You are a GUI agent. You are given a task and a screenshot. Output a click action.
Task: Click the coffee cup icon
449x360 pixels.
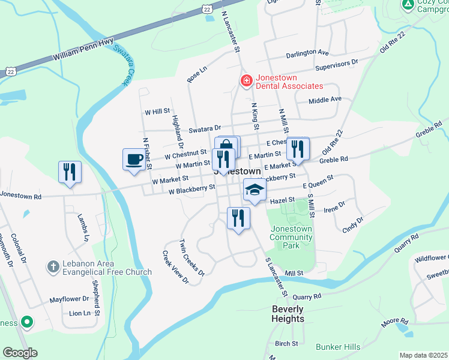pyautogui.click(x=133, y=160)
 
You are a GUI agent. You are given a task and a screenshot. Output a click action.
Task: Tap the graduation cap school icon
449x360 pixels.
pyautogui.click(x=254, y=190)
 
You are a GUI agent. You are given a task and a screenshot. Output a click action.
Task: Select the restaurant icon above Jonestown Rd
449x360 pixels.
pyautogui.click(x=70, y=172)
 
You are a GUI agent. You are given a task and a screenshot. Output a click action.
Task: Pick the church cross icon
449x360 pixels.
pyautogui.click(x=53, y=266)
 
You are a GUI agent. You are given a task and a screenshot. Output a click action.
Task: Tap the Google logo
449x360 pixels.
pyautogui.click(x=20, y=353)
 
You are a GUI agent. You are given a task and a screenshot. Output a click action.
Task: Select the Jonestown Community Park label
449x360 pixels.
pyautogui.click(x=292, y=237)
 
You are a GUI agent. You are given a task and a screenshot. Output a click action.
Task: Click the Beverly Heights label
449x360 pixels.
pyautogui.click(x=288, y=314)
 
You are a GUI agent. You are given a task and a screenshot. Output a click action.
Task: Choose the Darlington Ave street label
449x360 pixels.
pyautogui.click(x=307, y=53)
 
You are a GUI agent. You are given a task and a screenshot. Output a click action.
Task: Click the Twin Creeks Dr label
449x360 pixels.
pyautogui.click(x=192, y=257)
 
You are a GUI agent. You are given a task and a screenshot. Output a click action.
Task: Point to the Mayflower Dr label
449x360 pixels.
pyautogui.click(x=69, y=298)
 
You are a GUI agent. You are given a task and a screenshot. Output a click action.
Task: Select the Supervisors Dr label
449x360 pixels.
pyautogui.click(x=337, y=62)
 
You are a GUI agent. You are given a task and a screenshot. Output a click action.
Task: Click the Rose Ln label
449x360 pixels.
pyautogui.click(x=196, y=74)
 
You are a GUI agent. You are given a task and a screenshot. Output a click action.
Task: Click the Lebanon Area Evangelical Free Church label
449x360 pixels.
pyautogui.click(x=107, y=268)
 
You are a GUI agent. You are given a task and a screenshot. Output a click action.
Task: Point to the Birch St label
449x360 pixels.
pyautogui.click(x=286, y=344)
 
